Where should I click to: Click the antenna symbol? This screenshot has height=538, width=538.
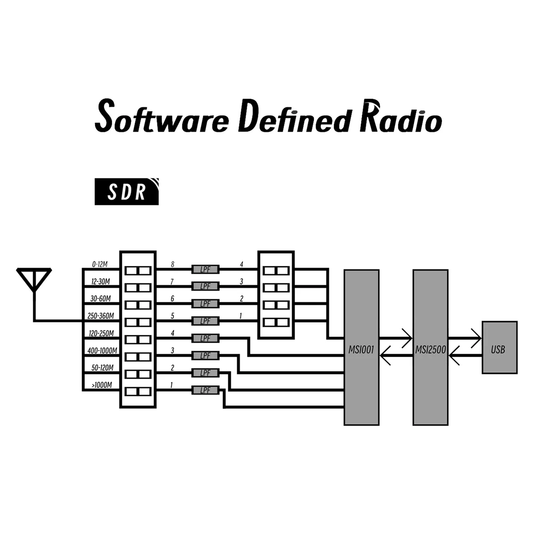pyautogui.click(x=34, y=280)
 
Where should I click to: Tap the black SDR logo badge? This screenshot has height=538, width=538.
pyautogui.click(x=126, y=192)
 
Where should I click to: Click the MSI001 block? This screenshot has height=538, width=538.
pyautogui.click(x=361, y=347)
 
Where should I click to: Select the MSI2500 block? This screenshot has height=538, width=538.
pyautogui.click(x=430, y=347)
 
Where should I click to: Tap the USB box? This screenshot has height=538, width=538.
pyautogui.click(x=499, y=347)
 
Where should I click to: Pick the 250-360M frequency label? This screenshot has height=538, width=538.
pyautogui.click(x=101, y=316)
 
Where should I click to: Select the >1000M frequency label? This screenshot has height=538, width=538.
pyautogui.click(x=101, y=385)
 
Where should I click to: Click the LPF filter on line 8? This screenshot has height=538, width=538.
pyautogui.click(x=205, y=269)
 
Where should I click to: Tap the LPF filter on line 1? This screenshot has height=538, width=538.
pyautogui.click(x=205, y=390)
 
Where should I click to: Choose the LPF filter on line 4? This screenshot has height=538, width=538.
pyautogui.click(x=205, y=338)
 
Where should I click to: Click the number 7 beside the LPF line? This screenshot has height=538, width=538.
pyautogui.click(x=173, y=282)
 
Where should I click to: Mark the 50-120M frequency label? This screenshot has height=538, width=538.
pyautogui.click(x=102, y=368)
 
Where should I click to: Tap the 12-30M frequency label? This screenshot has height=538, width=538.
pyautogui.click(x=101, y=282)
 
